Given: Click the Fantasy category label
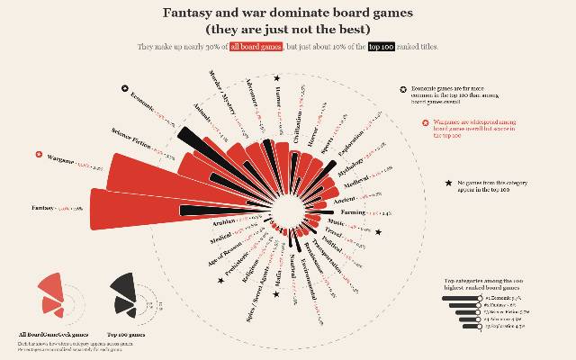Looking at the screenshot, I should point(44,209).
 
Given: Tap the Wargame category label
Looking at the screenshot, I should point(60,159).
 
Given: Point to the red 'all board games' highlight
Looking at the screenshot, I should point(256,46).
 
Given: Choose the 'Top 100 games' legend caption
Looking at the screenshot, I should point(127,333).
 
